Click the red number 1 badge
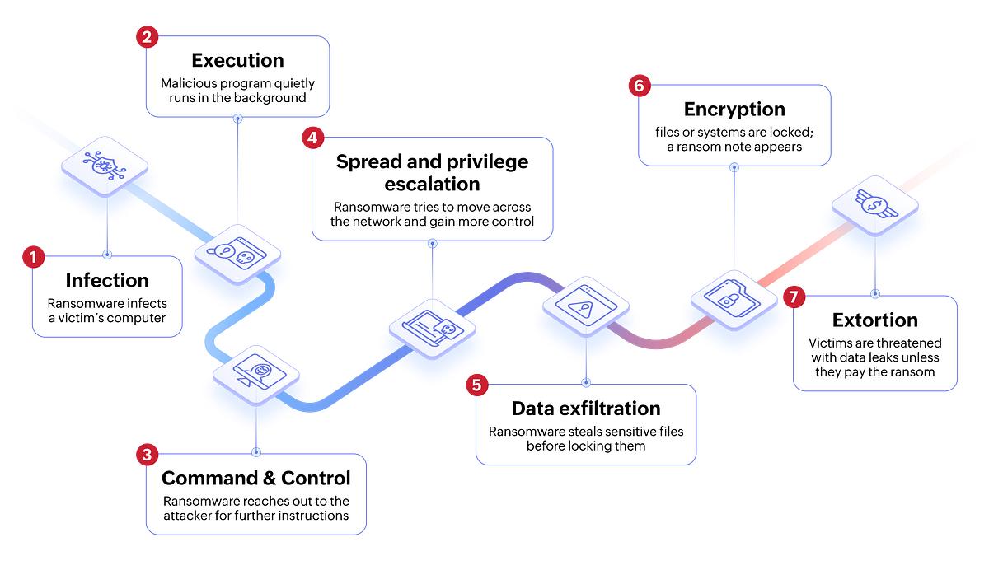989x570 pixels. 32,258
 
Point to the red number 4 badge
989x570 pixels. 312,138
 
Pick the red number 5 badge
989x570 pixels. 476,384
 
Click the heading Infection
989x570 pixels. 107,280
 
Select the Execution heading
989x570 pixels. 237,60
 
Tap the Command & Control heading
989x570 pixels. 255,478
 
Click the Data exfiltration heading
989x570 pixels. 585,409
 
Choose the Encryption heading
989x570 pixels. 734,109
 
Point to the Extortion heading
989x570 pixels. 874,320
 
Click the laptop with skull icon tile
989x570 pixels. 431,329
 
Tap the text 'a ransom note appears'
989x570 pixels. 734,147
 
